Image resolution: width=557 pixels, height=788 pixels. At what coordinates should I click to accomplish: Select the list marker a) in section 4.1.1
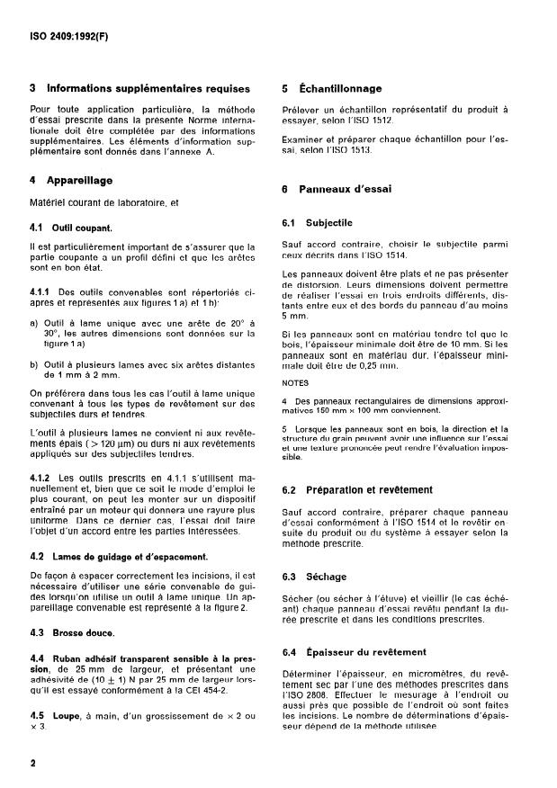(x=33, y=323)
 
